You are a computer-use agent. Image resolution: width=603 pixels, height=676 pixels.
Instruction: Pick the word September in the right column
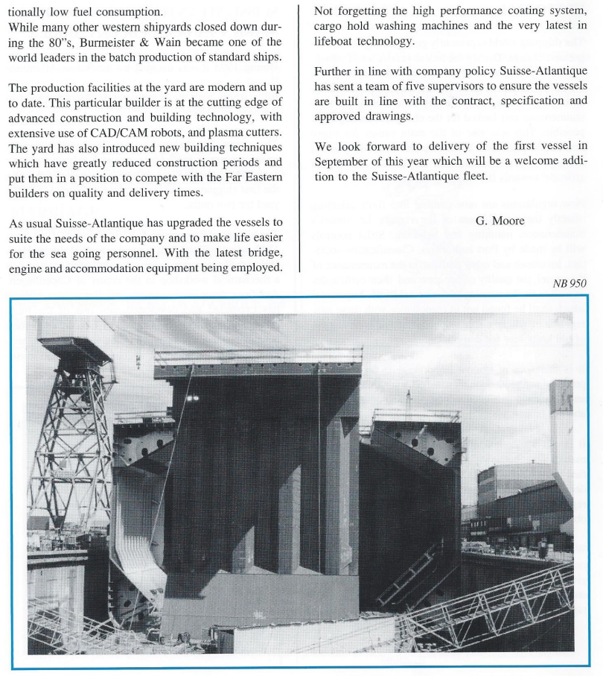tap(343, 161)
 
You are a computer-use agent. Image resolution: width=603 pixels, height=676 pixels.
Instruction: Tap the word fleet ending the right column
tap(471, 176)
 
